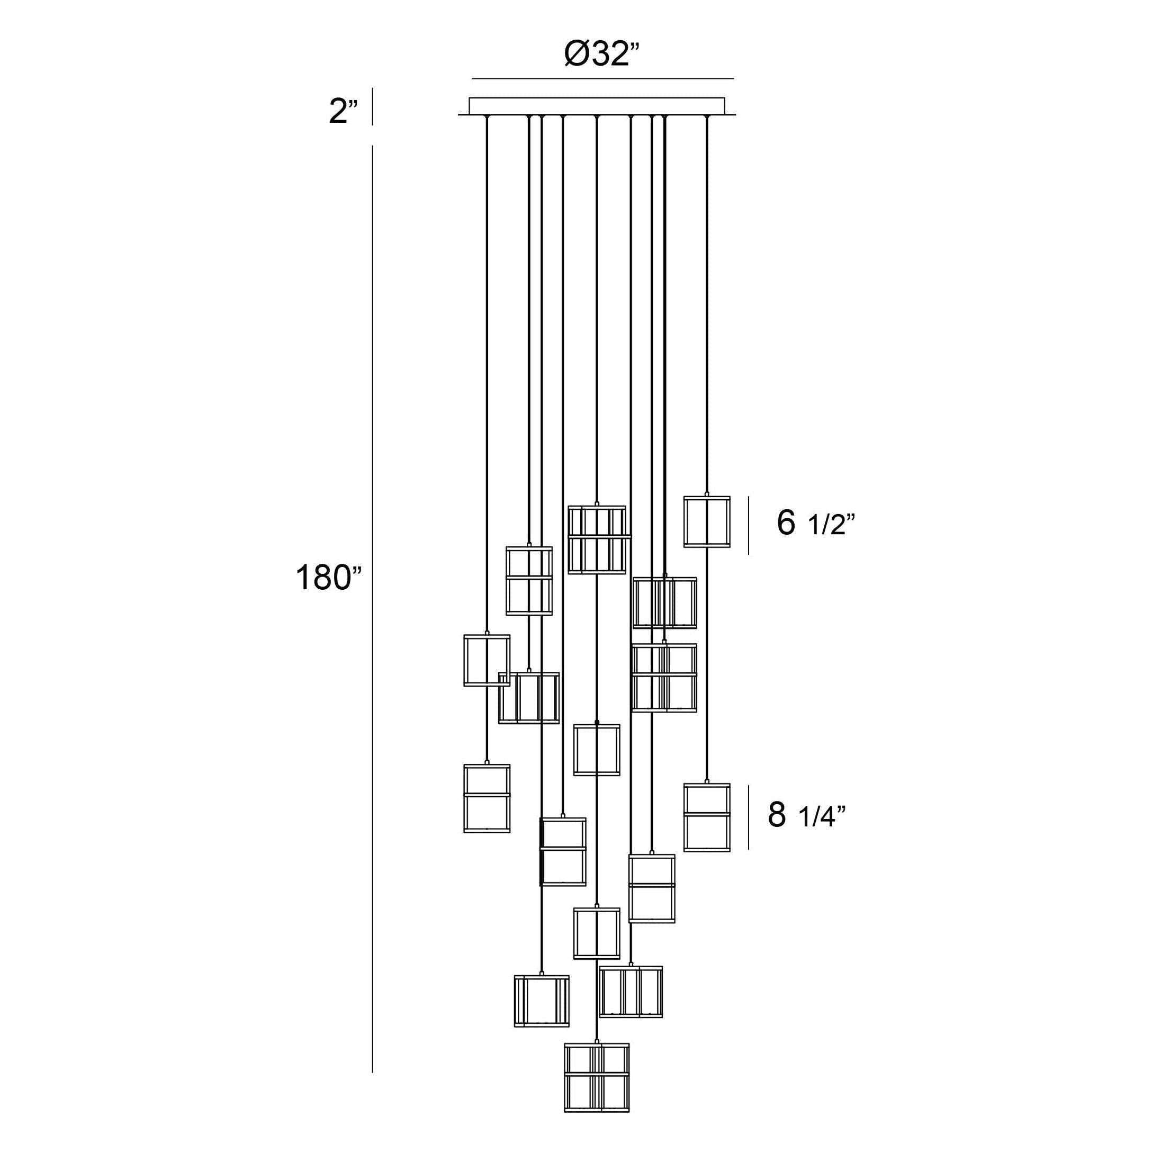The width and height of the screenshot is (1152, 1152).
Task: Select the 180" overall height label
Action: [x=329, y=578]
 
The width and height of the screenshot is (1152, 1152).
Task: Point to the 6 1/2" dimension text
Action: [x=816, y=523]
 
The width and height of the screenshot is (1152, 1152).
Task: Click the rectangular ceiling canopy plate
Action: [x=597, y=105]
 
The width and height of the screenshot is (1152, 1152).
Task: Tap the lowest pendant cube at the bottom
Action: [x=597, y=1077]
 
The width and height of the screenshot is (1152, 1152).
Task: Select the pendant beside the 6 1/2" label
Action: [x=707, y=521]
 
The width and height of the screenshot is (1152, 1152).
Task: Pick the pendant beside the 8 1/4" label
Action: [x=707, y=817]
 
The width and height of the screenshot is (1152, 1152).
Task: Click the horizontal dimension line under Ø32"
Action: [x=602, y=78]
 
